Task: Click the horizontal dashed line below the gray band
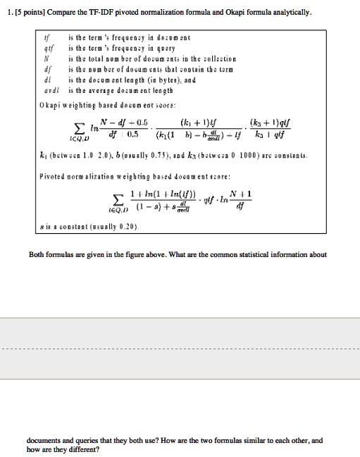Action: (180, 349)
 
